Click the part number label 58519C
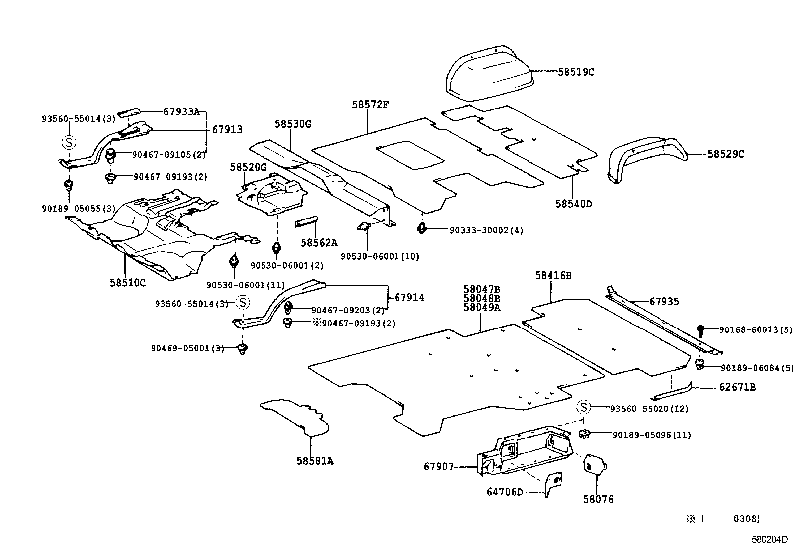pos(576,72)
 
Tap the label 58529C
pos(725,154)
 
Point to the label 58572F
pos(370,105)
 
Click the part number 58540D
pos(573,204)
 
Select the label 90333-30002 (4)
pos(486,230)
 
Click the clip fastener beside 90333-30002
pos(422,229)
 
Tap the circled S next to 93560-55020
pos(584,408)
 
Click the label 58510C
pos(128,283)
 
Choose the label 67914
pos(409,298)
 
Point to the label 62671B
pos(737,387)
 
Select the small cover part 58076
pos(594,465)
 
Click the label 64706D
pos(505,492)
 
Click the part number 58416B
pos(553,275)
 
